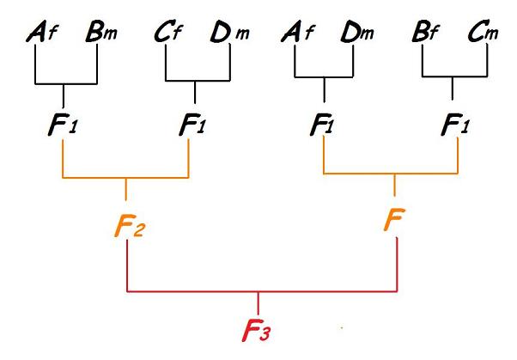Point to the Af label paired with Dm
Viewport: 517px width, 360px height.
click(301, 37)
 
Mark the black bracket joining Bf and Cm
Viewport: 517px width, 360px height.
click(453, 76)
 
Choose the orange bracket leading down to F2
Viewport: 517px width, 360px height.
click(126, 179)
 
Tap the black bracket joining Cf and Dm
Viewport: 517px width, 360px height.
click(197, 82)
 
